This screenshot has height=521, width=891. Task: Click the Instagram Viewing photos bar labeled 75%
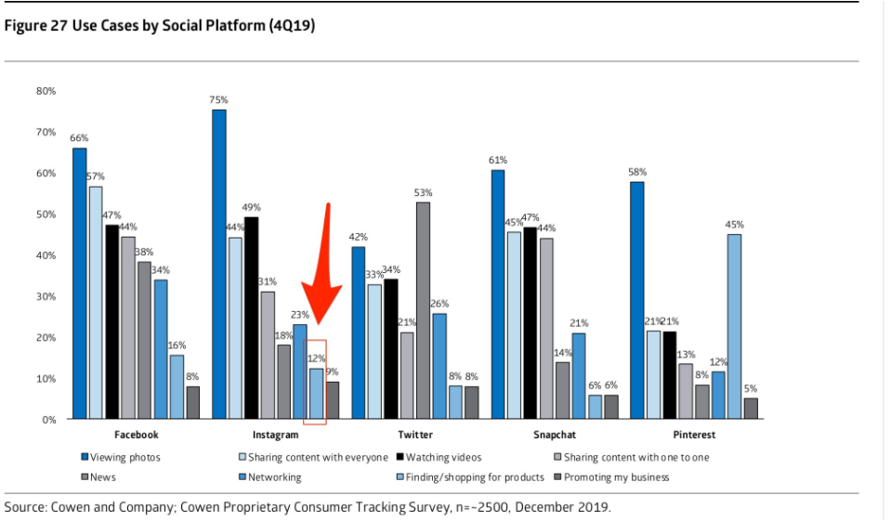click(219, 265)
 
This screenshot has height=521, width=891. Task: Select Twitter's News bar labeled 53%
click(423, 311)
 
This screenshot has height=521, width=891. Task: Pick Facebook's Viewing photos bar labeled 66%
click(80, 283)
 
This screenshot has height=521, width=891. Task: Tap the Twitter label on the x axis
click(414, 435)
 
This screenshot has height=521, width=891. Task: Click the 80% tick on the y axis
click(46, 91)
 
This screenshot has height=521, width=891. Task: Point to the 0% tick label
click(48, 420)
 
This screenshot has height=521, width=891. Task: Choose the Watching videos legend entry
click(438, 457)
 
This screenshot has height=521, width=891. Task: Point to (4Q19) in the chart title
click(294, 26)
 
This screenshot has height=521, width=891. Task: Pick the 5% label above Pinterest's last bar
click(751, 388)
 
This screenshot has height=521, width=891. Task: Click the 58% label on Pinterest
click(636, 173)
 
